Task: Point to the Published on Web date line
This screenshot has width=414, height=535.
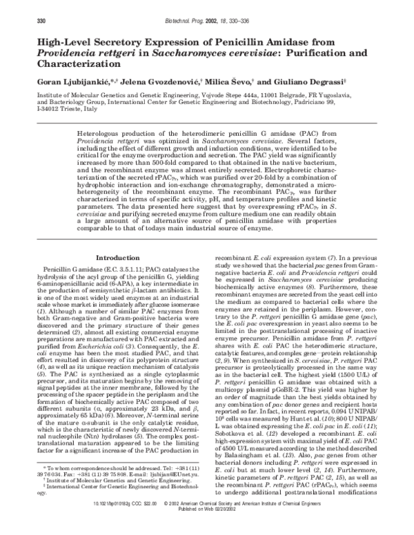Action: pos(207,529)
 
